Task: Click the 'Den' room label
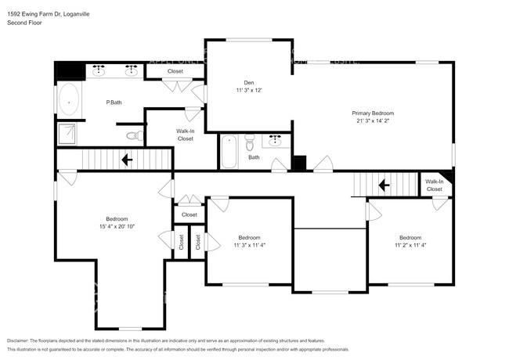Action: tap(248, 81)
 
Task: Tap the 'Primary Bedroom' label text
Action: tap(372, 113)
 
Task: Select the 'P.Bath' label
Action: tap(114, 103)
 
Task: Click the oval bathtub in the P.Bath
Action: tap(69, 102)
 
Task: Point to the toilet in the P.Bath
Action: tap(133, 136)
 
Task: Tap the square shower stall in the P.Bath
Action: tap(69, 134)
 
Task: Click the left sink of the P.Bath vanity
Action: tap(99, 70)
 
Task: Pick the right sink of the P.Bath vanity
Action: tap(131, 70)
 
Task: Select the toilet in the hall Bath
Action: tap(249, 142)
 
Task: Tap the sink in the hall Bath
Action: tap(275, 142)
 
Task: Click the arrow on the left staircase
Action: tap(125, 160)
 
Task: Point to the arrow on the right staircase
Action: tap(384, 185)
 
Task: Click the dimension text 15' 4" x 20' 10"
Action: tap(117, 227)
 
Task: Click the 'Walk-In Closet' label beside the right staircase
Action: tap(434, 185)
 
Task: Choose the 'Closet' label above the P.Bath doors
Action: tap(175, 71)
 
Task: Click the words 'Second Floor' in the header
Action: tap(25, 23)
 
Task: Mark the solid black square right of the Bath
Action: tap(299, 163)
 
